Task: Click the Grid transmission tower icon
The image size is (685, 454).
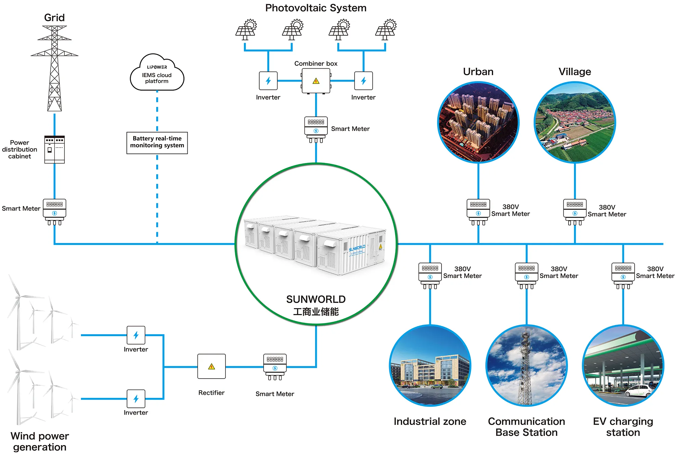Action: point(54,68)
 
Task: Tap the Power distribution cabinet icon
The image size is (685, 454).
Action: point(54,150)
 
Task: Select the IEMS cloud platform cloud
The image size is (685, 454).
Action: point(157,74)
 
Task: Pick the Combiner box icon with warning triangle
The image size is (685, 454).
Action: point(316,81)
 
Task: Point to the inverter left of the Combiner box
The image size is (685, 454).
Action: point(268,81)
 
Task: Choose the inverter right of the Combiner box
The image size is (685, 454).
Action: point(363,81)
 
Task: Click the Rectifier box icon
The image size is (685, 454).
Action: point(211,366)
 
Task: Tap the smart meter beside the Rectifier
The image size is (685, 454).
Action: point(275,367)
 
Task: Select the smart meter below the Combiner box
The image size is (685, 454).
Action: point(316,129)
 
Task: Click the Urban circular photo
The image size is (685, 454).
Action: point(478,122)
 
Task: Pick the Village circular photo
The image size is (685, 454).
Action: point(575,122)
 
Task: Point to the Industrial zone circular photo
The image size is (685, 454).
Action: point(430,366)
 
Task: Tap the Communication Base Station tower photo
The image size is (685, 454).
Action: point(526,366)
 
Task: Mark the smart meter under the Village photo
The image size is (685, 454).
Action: point(575,212)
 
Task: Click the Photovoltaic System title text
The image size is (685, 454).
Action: point(315,8)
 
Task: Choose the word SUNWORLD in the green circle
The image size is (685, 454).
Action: point(316,299)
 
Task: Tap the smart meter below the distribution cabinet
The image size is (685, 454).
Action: point(54,211)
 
